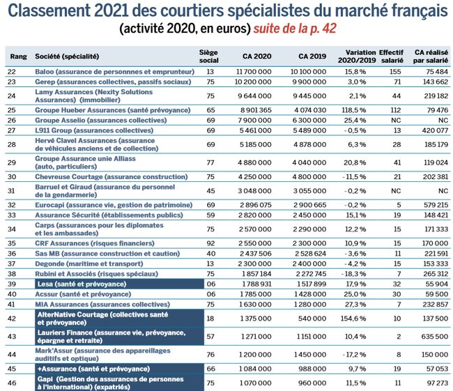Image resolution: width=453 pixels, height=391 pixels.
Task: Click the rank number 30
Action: tap(11, 176)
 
